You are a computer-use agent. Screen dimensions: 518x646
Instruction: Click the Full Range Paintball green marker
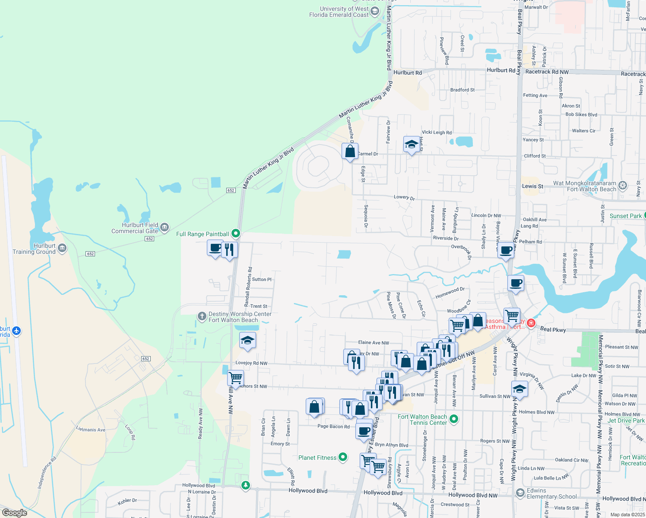[x=236, y=234]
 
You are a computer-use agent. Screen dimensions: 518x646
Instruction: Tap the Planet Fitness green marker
[x=343, y=457]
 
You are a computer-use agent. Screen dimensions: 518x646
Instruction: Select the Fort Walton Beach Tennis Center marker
[x=453, y=419]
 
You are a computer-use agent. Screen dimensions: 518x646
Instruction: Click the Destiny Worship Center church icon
[x=202, y=316]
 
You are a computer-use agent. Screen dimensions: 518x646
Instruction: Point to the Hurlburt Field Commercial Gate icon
[x=165, y=227]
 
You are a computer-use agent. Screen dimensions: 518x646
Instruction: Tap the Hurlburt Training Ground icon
[x=62, y=248]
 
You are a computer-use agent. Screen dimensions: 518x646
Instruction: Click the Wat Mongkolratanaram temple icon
[x=622, y=186]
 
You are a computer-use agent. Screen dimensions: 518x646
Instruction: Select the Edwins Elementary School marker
[x=520, y=493]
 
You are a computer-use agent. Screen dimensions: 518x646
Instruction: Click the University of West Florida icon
[x=375, y=12]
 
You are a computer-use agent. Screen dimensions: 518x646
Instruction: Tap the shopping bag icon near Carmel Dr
[x=350, y=152]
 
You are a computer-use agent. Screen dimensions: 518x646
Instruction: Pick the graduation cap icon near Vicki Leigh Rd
[x=412, y=145]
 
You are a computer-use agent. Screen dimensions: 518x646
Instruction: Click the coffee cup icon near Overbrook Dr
[x=506, y=250]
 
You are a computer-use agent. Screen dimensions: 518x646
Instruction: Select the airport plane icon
[x=16, y=331]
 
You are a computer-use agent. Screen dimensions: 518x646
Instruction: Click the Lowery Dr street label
[x=404, y=197]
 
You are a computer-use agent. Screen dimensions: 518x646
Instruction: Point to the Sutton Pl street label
[x=262, y=279]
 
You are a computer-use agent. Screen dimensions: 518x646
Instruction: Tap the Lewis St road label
[x=532, y=186]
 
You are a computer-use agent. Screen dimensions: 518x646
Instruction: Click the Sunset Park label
[x=625, y=216]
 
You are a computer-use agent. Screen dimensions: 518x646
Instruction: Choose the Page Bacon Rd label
[x=333, y=426]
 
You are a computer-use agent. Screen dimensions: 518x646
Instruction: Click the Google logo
[x=15, y=512]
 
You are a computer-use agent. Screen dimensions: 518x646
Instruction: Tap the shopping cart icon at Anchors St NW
[x=235, y=378]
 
